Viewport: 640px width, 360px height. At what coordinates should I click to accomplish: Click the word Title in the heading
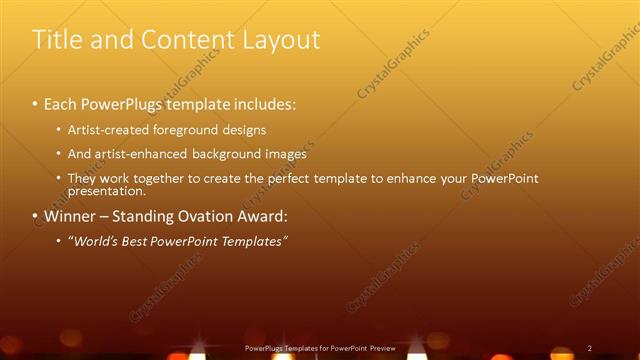coord(56,40)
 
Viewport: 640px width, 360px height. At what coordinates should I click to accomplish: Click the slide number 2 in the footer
coord(590,348)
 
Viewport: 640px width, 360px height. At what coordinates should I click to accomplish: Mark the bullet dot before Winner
coord(35,216)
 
